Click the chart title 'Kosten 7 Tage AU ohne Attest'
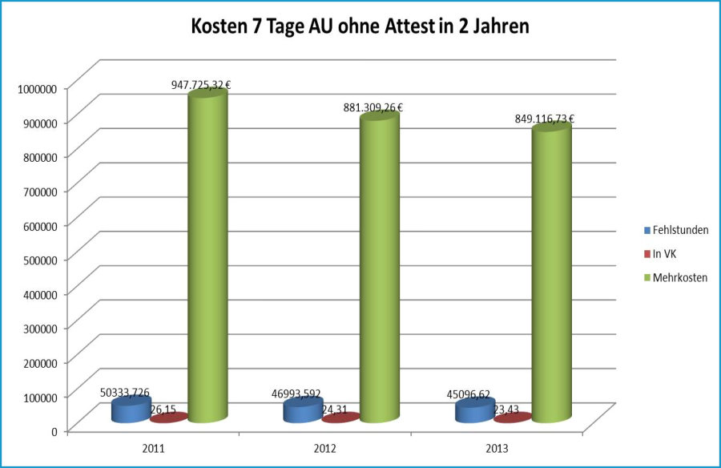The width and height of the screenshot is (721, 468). coord(360,26)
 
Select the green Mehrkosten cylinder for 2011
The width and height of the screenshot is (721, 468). coord(207,256)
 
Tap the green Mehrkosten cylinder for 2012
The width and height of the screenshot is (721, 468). coord(379,268)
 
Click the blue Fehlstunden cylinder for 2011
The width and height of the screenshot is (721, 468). coord(131,409)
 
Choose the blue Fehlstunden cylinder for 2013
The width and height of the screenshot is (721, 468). coord(474,410)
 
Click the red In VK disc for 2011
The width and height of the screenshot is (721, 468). coord(168,418)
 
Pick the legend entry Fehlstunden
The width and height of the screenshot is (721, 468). coord(677,230)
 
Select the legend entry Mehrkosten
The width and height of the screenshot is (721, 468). coord(677,277)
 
